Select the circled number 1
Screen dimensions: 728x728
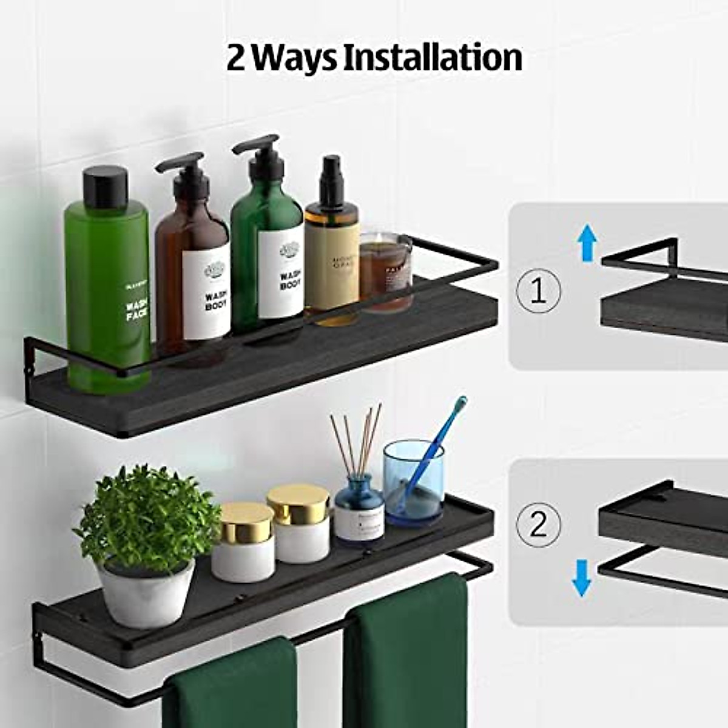[538, 291]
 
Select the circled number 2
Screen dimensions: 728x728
[538, 524]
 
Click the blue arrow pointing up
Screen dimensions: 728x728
[587, 241]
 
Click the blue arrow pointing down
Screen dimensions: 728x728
[582, 578]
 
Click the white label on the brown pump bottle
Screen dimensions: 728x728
[208, 291]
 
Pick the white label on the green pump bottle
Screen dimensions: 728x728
[281, 278]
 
